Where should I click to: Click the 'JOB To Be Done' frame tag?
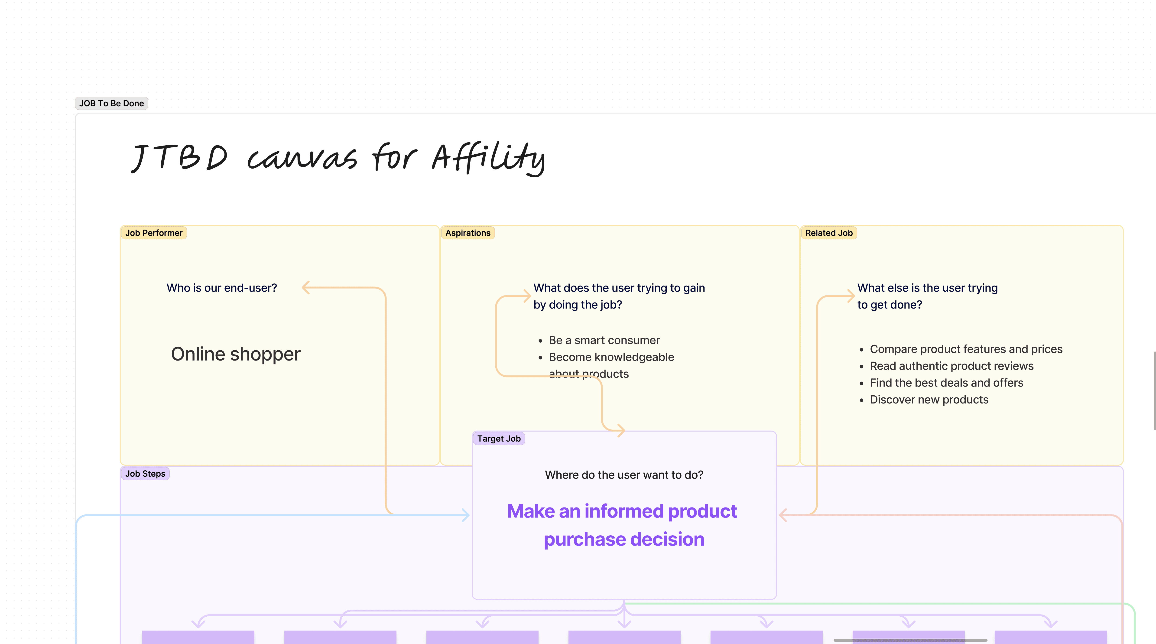coord(111,103)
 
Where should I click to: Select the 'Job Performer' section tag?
coord(153,233)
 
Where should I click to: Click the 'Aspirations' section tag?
coord(468,233)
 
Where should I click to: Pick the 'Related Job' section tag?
coord(828,233)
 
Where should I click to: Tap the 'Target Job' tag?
coord(499,439)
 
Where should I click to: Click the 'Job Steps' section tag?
coord(145,473)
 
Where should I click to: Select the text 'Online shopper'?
coord(236,354)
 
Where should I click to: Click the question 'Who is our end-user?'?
coord(222,288)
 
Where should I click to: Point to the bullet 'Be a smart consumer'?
coord(604,340)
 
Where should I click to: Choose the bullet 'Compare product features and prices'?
coord(966,349)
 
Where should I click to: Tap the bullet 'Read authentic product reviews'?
coord(951,366)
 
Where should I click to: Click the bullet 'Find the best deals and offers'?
coord(946,383)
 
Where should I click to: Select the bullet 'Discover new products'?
coord(929,399)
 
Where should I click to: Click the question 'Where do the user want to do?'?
coord(624,475)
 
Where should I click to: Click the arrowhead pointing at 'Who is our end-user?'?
coord(306,288)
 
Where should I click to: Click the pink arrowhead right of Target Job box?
coord(783,515)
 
